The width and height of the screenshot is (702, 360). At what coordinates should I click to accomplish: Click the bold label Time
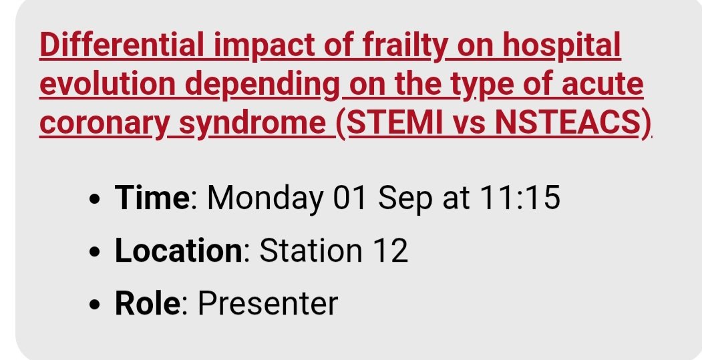point(152,198)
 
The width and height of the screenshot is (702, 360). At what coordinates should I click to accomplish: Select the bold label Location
point(178,251)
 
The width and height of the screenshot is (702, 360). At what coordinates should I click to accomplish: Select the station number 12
point(387,251)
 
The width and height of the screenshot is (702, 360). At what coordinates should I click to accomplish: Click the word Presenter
point(268,304)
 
